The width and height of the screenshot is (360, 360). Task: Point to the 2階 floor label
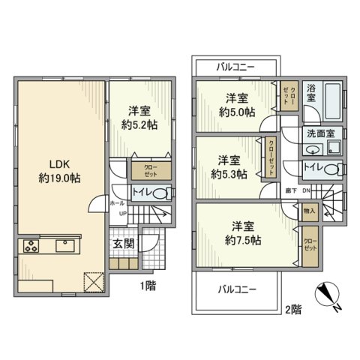click(293, 307)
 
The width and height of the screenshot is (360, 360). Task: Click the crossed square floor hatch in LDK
click(94, 280)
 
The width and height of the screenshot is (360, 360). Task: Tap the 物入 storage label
click(310, 211)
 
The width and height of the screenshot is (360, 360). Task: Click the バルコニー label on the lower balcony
click(238, 289)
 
